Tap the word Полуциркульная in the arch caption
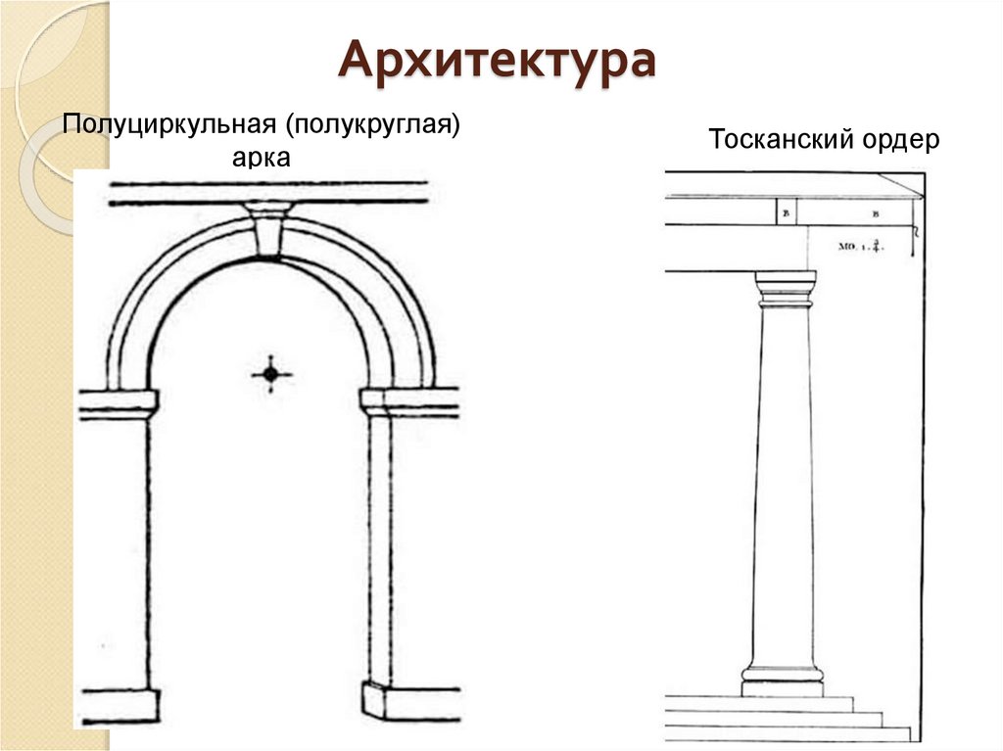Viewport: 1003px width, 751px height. click(x=170, y=126)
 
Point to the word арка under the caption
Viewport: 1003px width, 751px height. click(x=261, y=157)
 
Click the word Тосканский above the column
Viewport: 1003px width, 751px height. click(x=780, y=139)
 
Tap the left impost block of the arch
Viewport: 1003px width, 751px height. click(x=117, y=402)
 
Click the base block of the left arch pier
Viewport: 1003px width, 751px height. click(x=119, y=704)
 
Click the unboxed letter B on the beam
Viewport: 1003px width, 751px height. click(x=877, y=211)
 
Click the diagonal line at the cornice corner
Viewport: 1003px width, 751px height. click(x=898, y=186)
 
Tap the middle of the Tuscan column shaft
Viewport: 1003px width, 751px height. click(x=783, y=490)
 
